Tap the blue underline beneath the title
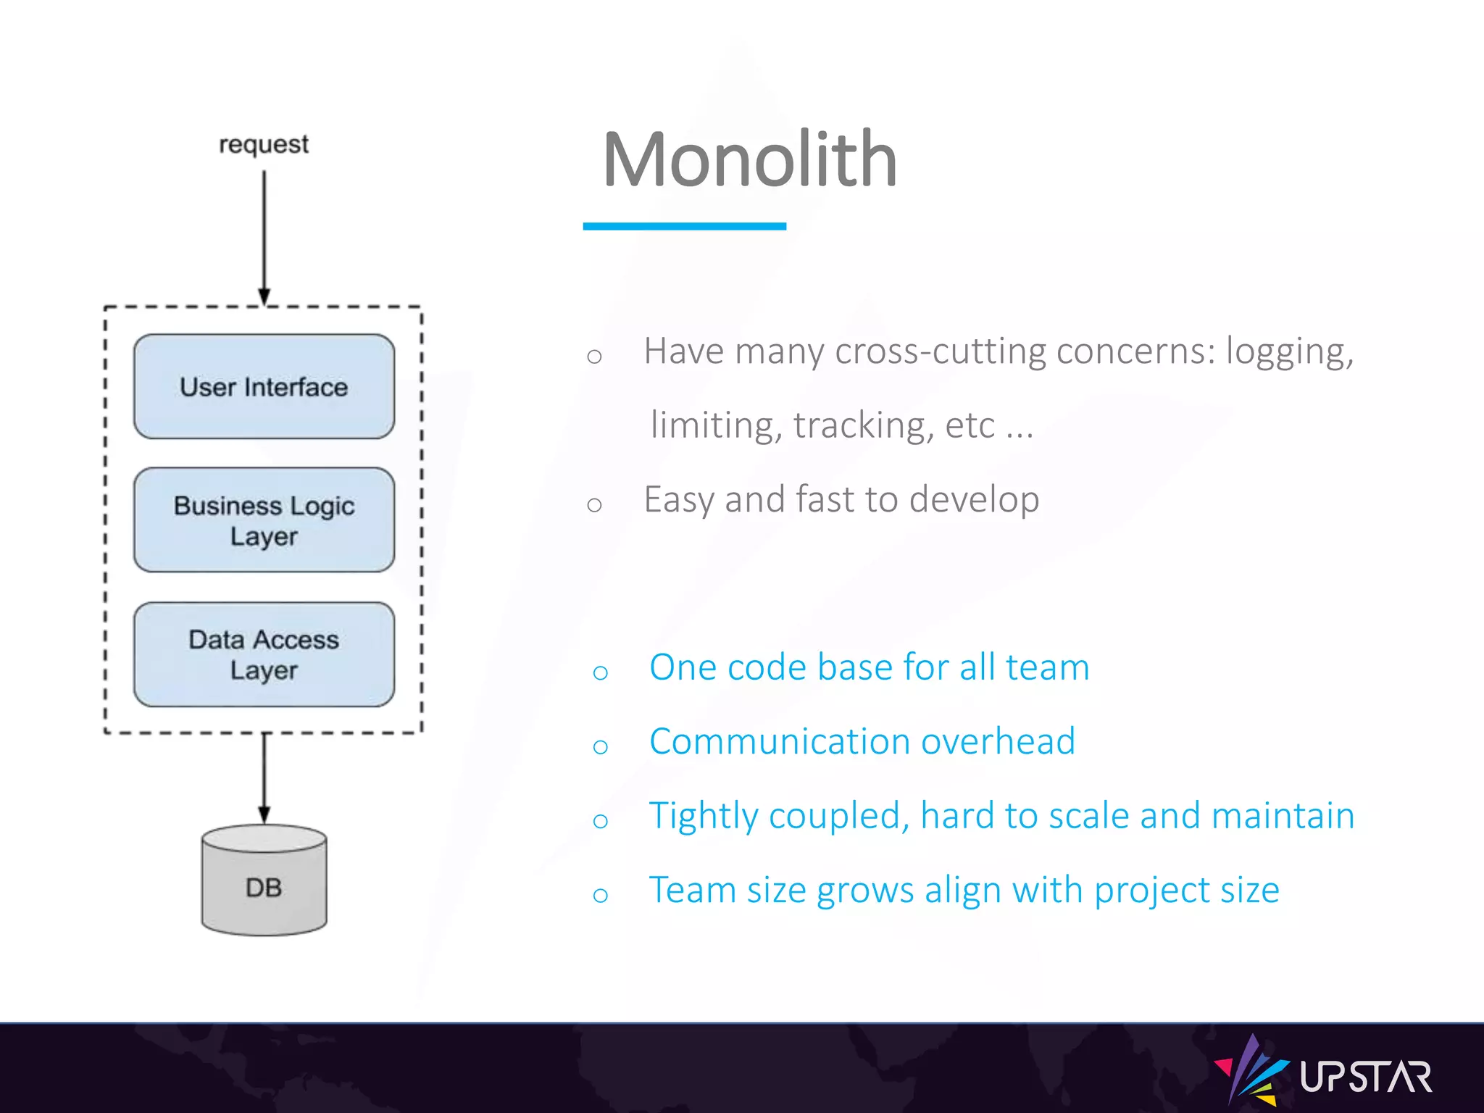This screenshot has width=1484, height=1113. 684,226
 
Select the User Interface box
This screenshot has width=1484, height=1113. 264,387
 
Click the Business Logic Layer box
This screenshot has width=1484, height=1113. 264,520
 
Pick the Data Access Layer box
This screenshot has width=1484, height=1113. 264,654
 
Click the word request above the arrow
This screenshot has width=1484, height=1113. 264,144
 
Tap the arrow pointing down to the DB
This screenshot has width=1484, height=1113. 264,779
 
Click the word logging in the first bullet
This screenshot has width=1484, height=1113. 1288,352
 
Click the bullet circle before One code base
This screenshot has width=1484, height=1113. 600,673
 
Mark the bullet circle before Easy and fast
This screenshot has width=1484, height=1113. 594,504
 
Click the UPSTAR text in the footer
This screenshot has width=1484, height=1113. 1365,1077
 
